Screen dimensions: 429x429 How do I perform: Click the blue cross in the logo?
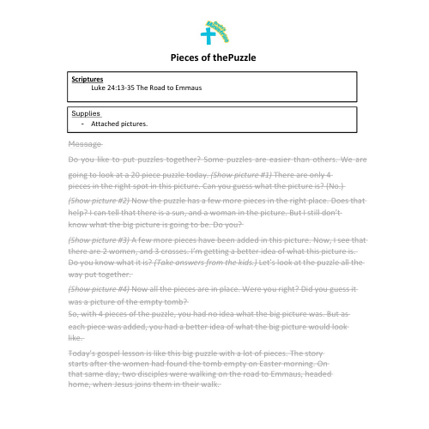[x=206, y=36]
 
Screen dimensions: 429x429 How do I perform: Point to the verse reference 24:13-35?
[x=125, y=87]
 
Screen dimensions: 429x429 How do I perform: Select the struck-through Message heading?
[x=84, y=143]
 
